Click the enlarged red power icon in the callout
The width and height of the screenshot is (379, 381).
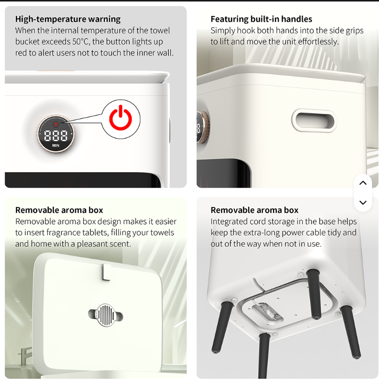pyautogui.click(x=120, y=118)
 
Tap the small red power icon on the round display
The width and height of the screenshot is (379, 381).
pyautogui.click(x=56, y=124)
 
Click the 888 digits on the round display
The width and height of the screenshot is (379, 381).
pyautogui.click(x=55, y=136)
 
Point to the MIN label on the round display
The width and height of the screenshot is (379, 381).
pyautogui.click(x=55, y=145)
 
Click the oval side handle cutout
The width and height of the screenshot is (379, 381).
pyautogui.click(x=314, y=120)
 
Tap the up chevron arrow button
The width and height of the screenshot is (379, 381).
pyautogui.click(x=363, y=183)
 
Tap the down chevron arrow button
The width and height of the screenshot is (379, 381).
pyautogui.click(x=363, y=202)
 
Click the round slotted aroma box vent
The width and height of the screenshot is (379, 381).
pyautogui.click(x=105, y=315)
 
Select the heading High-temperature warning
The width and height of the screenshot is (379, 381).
pyautogui.click(x=68, y=19)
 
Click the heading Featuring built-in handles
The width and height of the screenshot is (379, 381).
pyautogui.click(x=261, y=19)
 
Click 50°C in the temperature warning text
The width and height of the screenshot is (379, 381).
pyautogui.click(x=81, y=41)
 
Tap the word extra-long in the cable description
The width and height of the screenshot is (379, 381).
pyautogui.click(x=265, y=233)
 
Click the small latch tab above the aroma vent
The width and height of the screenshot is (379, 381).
pyautogui.click(x=106, y=272)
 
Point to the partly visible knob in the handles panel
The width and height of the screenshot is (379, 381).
pyautogui.click(x=203, y=127)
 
